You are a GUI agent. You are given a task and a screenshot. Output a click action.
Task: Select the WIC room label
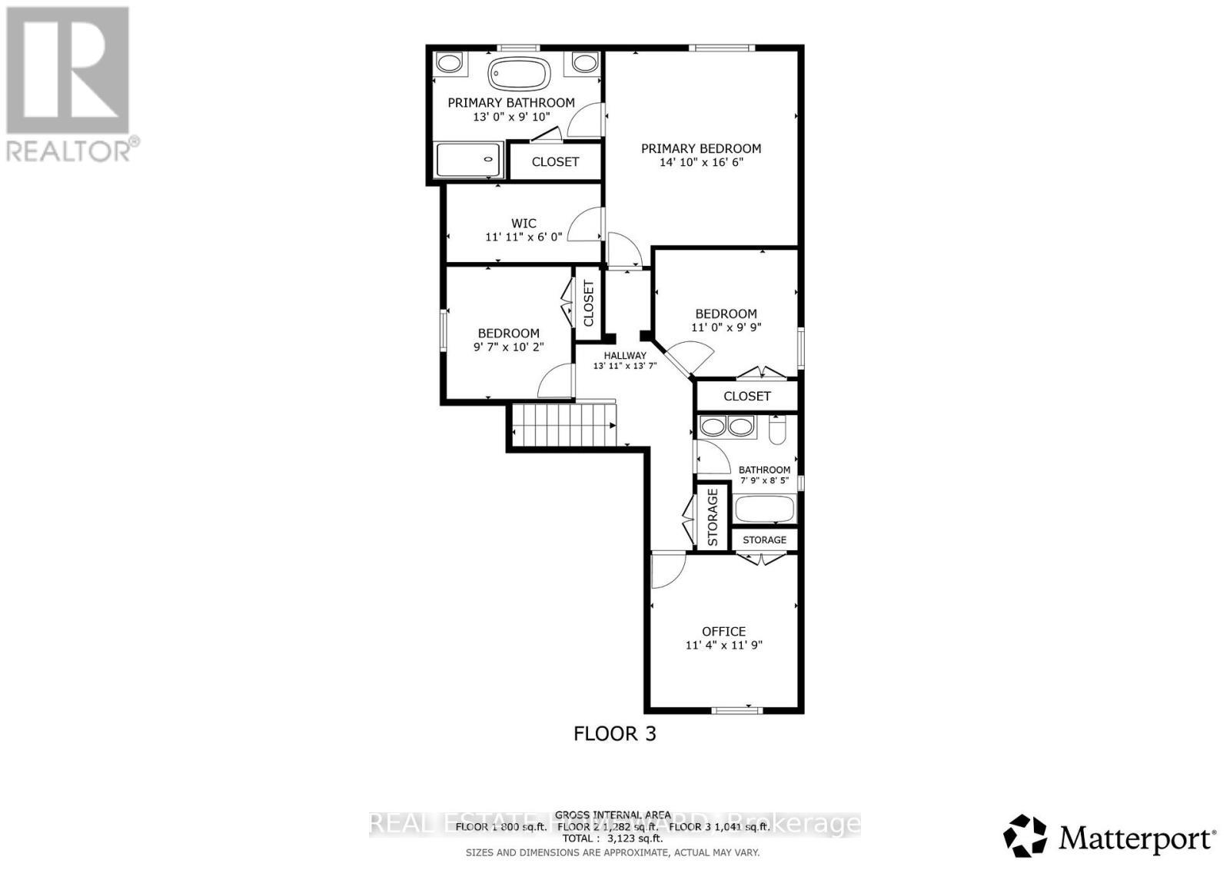tap(524, 224)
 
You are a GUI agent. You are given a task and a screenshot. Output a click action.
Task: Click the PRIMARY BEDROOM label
tap(701, 148)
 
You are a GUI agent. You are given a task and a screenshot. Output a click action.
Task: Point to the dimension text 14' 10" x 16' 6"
tap(701, 163)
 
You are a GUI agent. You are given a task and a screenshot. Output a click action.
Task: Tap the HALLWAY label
tap(624, 356)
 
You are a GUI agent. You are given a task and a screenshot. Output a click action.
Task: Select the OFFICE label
tap(723, 632)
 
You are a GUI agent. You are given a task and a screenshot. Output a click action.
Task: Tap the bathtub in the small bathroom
tap(764, 509)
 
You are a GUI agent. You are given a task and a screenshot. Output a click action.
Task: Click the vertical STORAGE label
tap(713, 517)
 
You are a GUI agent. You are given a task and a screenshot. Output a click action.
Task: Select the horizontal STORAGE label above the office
tap(764, 540)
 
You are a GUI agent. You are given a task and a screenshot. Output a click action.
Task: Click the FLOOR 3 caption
tap(614, 733)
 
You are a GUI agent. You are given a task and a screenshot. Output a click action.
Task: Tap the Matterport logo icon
tap(1026, 836)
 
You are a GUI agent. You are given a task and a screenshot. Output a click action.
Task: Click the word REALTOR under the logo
tap(69, 149)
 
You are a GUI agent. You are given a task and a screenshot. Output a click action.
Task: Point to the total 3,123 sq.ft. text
tap(612, 839)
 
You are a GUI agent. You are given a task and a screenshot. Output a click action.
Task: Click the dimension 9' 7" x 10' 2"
tap(508, 347)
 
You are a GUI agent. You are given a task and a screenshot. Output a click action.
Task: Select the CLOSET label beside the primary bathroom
tap(555, 162)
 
